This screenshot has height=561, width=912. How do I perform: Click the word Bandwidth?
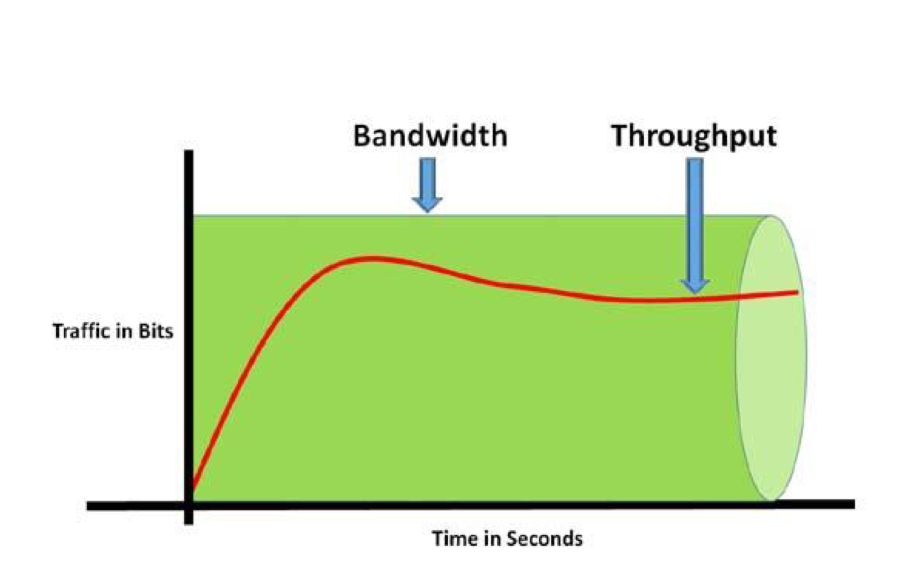pyautogui.click(x=430, y=136)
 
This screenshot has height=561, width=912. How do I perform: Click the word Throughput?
pyautogui.click(x=694, y=136)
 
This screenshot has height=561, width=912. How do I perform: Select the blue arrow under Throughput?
pyautogui.click(x=695, y=224)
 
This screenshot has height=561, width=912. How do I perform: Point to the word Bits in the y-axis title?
pyautogui.click(x=155, y=331)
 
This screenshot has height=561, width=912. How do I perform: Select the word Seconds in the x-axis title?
pyautogui.click(x=544, y=539)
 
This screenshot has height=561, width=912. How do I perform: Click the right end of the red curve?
pyautogui.click(x=796, y=292)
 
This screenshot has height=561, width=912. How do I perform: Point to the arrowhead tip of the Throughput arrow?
pyautogui.click(x=695, y=293)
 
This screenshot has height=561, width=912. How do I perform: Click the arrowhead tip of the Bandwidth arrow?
pyautogui.click(x=428, y=211)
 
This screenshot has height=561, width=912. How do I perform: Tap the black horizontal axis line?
pyautogui.click(x=505, y=505)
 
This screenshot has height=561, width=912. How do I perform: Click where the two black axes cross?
pyautogui.click(x=189, y=505)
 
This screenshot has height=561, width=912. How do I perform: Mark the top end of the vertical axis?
pyautogui.click(x=189, y=153)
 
